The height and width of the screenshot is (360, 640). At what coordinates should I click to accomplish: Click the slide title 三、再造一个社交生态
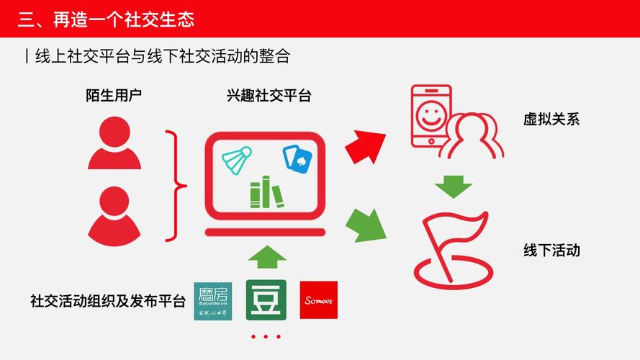[x=106, y=19]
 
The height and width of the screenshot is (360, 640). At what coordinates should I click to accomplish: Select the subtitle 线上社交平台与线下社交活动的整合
[x=161, y=57]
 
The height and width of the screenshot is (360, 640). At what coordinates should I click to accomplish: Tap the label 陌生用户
[x=114, y=96]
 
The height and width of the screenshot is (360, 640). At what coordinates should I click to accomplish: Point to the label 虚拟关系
[x=551, y=120]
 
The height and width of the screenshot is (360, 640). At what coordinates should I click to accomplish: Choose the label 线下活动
[x=551, y=251]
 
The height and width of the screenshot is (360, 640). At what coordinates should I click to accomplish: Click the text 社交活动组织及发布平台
[x=107, y=300]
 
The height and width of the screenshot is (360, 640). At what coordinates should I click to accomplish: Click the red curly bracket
[x=175, y=186]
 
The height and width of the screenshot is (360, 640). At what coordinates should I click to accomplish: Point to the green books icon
[x=267, y=192]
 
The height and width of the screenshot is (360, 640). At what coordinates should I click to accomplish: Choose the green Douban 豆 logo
[x=266, y=300]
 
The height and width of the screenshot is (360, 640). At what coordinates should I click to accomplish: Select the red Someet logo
[x=318, y=300]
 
